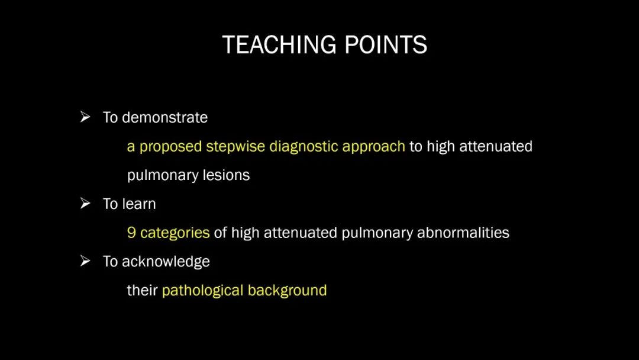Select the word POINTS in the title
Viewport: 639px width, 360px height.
(x=386, y=44)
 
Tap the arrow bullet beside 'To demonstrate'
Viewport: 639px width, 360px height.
(x=85, y=117)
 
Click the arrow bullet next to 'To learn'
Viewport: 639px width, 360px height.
(x=85, y=203)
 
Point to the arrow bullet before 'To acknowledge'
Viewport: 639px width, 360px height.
(x=85, y=261)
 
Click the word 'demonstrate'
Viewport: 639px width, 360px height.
(x=164, y=117)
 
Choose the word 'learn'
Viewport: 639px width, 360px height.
(x=139, y=204)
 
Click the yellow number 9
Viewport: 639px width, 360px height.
(x=131, y=233)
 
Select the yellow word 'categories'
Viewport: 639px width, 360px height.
(x=175, y=233)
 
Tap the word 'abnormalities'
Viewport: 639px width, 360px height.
(x=463, y=233)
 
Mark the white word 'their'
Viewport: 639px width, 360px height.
(x=142, y=290)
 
